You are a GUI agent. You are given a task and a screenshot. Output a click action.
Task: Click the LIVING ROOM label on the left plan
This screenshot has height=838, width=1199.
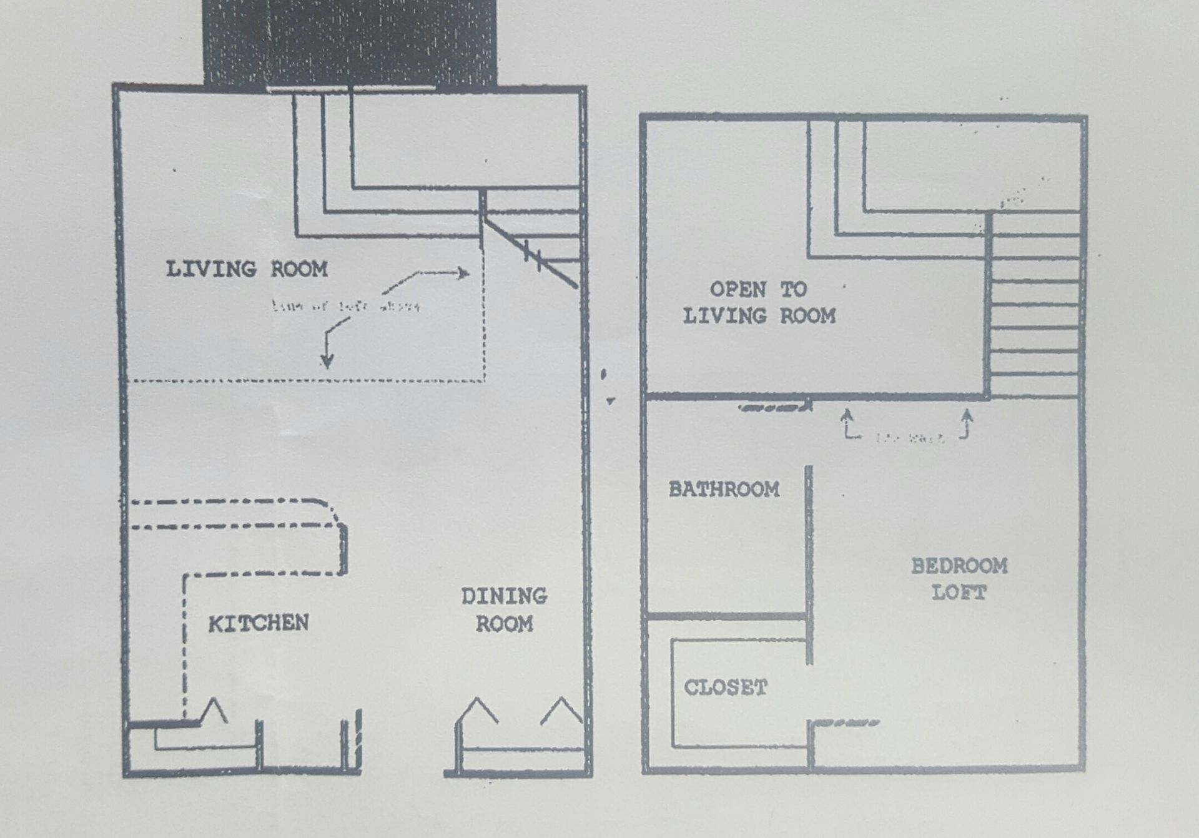click(247, 269)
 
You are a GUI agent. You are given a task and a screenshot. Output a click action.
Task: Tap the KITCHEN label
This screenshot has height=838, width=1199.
click(258, 623)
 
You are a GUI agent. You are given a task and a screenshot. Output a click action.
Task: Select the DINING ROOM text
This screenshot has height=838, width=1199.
click(504, 609)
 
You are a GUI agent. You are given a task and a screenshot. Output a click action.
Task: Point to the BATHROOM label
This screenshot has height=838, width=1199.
click(724, 489)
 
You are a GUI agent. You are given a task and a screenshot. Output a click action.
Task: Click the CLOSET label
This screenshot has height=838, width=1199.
click(725, 688)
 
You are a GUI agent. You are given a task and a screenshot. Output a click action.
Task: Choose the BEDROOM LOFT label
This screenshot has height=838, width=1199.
click(959, 579)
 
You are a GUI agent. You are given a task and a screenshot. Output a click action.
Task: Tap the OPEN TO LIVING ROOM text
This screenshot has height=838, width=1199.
click(759, 303)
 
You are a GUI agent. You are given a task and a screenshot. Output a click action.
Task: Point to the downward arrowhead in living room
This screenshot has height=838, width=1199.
click(327, 361)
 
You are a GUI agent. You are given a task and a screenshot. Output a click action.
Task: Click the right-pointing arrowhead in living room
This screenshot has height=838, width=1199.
click(463, 273)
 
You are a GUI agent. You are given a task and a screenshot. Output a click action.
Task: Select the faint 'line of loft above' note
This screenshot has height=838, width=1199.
click(345, 307)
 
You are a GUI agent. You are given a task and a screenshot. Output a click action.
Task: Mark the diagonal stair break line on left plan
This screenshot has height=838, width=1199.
click(531, 252)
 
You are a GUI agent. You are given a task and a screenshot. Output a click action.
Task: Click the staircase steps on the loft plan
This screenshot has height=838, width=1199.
click(1035, 306)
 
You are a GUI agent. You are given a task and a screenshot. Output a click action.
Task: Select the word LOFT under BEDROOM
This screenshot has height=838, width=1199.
click(959, 593)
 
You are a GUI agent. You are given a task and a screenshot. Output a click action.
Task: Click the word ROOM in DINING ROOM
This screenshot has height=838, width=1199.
click(504, 624)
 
